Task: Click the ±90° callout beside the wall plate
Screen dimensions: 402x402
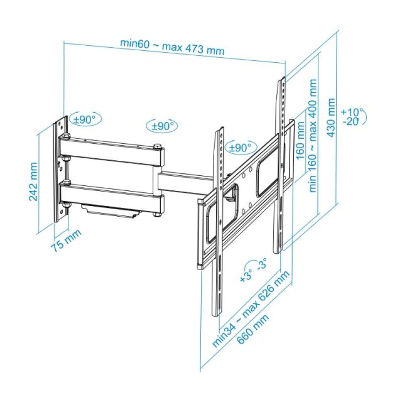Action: (x=84, y=118)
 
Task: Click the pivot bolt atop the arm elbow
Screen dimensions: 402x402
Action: (x=156, y=147)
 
